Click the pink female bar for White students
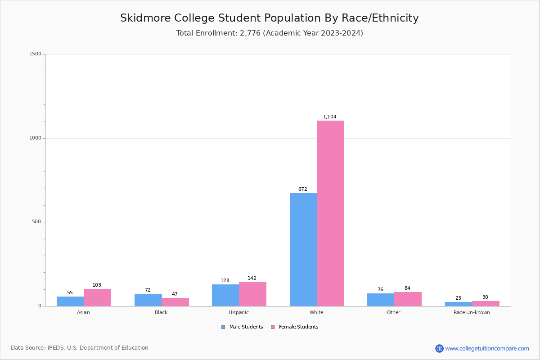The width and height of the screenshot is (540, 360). click(330, 213)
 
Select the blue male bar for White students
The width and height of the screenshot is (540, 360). click(303, 249)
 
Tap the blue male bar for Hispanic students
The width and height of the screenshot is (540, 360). click(225, 295)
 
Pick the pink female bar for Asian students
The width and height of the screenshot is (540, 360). click(97, 297)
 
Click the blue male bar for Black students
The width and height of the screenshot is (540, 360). click(148, 300)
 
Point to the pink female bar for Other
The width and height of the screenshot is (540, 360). click(408, 299)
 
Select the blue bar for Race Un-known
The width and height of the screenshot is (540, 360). click(458, 304)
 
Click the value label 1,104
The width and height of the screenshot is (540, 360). click(330, 117)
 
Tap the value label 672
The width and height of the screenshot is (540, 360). click(303, 189)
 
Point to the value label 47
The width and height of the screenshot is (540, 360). click(175, 294)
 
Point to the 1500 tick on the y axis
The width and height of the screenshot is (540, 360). click(35, 54)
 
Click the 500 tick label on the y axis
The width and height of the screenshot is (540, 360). click(36, 222)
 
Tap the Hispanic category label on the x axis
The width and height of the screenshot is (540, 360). click(238, 312)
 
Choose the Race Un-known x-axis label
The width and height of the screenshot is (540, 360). click(472, 312)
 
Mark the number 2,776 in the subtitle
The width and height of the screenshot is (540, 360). click(250, 33)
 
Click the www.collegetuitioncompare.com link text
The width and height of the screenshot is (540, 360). click(487, 348)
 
